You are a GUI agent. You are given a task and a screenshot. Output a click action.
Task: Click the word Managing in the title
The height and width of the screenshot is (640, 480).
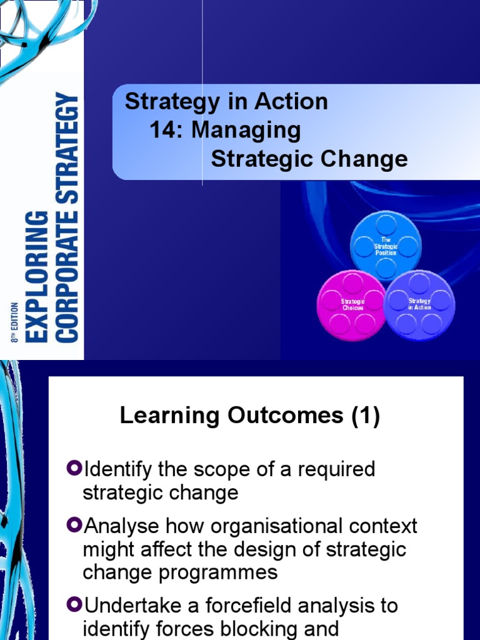pos(246,131)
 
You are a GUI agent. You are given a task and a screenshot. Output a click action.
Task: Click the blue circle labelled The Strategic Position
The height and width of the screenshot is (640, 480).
pos(386,246)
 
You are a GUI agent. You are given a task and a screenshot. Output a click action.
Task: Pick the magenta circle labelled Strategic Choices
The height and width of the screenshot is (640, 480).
pos(352,305)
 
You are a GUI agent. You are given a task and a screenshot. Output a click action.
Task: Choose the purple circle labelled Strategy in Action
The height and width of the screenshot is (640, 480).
pos(419,304)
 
